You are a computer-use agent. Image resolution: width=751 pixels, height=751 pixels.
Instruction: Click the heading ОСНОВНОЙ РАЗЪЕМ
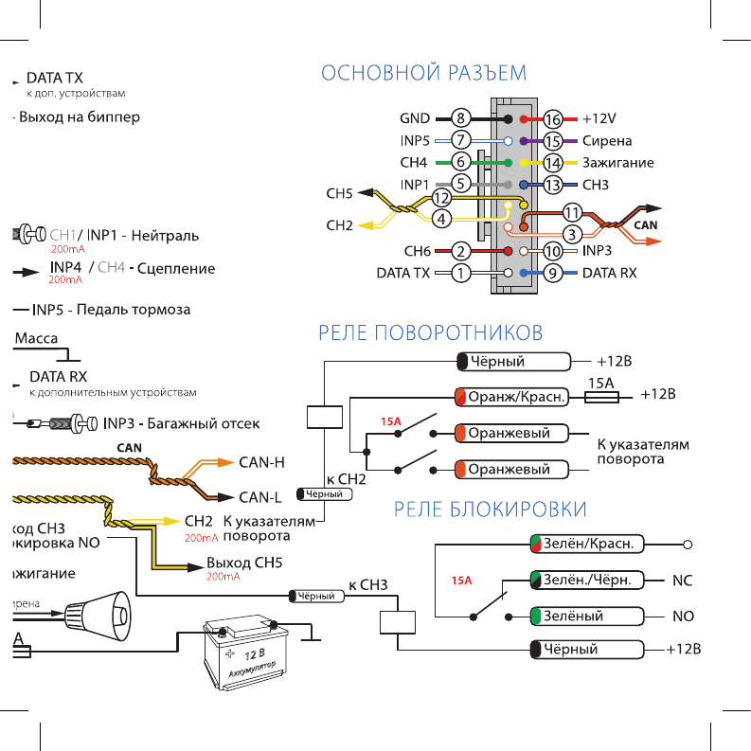423,73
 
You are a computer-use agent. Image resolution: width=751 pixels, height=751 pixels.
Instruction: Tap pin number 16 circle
553,119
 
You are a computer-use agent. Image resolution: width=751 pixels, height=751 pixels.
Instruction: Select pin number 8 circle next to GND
461,119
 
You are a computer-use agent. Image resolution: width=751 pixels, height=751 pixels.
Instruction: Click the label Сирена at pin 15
607,141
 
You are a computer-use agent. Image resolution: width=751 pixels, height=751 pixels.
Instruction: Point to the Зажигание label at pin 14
617,163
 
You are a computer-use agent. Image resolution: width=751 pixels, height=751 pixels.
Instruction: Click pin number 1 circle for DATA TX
461,274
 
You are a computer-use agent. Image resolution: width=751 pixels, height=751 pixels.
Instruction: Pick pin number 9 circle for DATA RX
553,274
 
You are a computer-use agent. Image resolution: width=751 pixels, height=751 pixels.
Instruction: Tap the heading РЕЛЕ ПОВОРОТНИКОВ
431,332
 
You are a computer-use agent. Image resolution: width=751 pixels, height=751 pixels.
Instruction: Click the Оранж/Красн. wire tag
512,398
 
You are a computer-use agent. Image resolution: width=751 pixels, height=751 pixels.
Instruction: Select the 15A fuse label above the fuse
602,383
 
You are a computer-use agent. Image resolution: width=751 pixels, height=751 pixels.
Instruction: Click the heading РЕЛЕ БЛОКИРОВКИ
490,510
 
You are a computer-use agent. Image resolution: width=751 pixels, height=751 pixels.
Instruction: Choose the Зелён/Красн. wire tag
587,545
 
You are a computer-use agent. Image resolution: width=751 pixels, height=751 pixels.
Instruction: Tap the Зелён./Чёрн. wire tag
587,580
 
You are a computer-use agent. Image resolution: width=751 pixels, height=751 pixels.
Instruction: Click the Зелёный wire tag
587,616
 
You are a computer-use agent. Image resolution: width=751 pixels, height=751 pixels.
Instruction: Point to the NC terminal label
683,580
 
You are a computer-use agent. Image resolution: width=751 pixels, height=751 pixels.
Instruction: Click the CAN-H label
262,462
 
